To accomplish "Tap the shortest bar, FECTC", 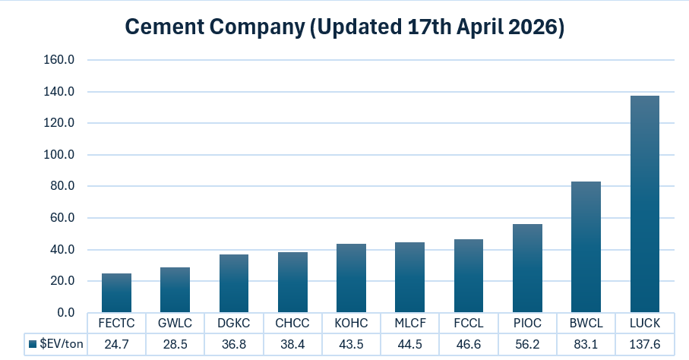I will (x=116, y=293).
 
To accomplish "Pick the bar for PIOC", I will (x=527, y=268).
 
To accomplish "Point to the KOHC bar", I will (x=351, y=278).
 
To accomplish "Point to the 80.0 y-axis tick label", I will (x=63, y=186).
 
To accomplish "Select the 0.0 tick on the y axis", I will (x=66, y=313).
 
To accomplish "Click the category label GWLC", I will (x=175, y=323).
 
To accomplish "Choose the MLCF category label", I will (x=409, y=323).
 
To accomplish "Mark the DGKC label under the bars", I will (x=233, y=323).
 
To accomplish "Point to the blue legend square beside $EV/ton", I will (x=33, y=344).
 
